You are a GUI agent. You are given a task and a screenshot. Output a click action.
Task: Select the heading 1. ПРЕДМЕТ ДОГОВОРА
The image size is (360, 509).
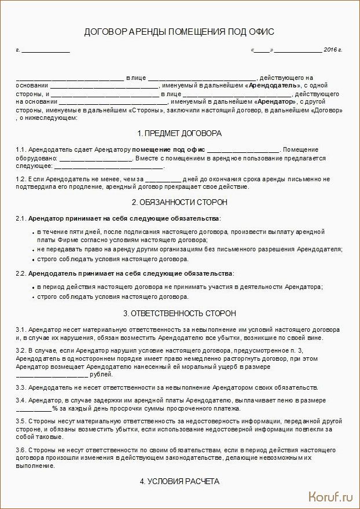179,133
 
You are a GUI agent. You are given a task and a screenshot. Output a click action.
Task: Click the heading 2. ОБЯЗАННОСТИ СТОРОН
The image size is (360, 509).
179,202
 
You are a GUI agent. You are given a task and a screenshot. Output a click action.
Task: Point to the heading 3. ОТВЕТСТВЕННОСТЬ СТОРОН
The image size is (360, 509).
179,313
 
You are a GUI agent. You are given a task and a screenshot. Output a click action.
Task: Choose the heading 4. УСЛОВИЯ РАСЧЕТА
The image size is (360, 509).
179,481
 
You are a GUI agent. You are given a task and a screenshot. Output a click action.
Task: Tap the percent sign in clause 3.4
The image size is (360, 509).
54,408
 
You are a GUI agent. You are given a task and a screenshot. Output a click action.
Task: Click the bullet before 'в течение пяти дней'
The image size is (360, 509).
34,232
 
